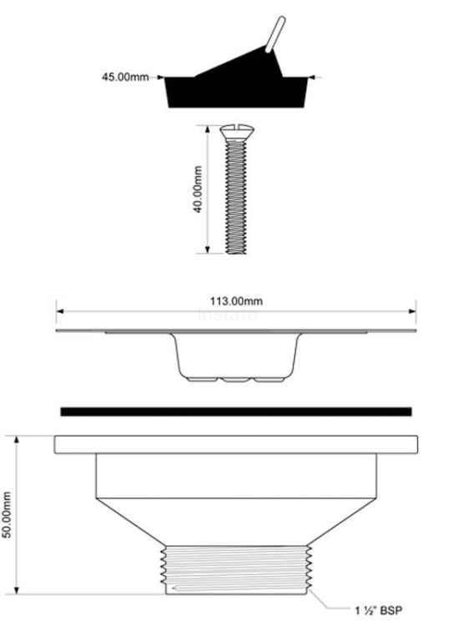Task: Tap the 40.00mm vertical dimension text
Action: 198,189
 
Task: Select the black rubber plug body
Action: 234,90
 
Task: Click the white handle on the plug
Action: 276,37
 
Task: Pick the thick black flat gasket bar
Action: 235,411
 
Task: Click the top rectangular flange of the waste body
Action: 235,443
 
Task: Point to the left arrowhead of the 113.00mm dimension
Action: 59,311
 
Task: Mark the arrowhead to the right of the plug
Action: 312,78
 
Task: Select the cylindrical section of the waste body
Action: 235,475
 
